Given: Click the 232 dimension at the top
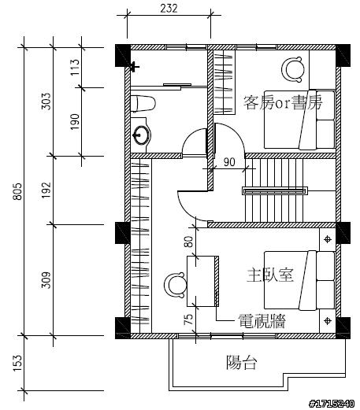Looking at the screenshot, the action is (169, 9).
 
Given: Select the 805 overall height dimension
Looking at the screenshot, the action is (17, 191).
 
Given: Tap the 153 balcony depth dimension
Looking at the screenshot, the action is (17, 364).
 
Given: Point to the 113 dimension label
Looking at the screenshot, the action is (75, 67).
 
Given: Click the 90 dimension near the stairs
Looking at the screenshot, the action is (229, 162).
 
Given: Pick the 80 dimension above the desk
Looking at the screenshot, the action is (188, 242).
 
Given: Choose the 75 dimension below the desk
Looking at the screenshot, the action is (188, 320).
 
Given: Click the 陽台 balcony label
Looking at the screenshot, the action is (241, 362).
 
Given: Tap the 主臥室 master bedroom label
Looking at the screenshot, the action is (270, 275).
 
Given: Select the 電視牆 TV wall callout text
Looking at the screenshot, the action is (262, 321).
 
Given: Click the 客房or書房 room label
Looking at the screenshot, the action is (283, 102).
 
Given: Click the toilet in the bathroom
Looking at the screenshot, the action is (143, 104).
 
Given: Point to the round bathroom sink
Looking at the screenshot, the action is (142, 135).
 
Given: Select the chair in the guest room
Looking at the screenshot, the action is (293, 69).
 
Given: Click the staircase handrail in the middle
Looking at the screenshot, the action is (275, 190).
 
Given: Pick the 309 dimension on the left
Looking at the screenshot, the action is (46, 280).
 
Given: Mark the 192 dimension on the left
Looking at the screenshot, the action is (46, 190).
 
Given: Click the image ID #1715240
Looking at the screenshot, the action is (332, 404).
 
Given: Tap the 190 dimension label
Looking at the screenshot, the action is (75, 122).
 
